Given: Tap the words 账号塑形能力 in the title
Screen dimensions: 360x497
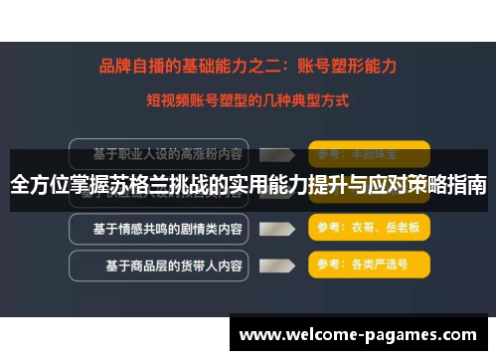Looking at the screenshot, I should click(x=343, y=67).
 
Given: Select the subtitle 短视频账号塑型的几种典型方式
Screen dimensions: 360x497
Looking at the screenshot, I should click(x=248, y=99).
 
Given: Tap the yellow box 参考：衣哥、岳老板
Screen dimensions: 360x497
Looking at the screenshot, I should click(x=369, y=229).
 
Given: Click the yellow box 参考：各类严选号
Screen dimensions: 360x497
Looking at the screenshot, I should click(x=369, y=266).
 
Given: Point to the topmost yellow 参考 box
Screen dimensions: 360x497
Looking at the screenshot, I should click(x=369, y=154).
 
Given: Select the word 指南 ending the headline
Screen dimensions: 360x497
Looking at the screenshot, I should click(x=465, y=185).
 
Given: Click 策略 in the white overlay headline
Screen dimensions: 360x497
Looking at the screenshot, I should click(x=418, y=185).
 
